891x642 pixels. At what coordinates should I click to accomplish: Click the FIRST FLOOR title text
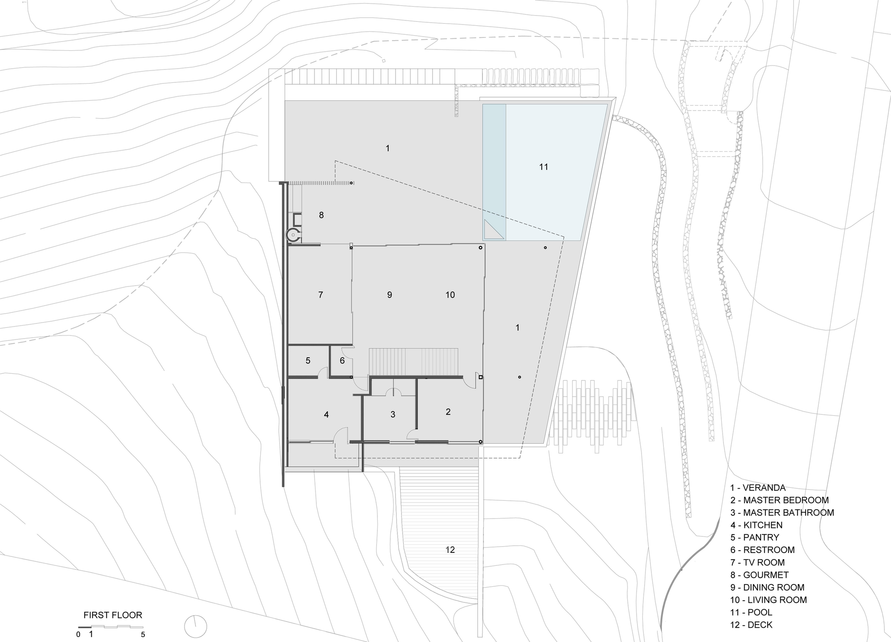point(113,615)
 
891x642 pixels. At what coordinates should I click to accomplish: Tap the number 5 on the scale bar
point(143,634)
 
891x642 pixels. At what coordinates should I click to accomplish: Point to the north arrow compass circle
point(196,626)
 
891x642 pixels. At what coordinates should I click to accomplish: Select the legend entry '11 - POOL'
point(751,613)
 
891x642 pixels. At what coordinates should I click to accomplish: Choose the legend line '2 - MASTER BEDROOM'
point(780,500)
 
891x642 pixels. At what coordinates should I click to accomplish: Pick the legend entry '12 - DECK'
point(751,625)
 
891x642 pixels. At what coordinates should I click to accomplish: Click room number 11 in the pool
point(544,167)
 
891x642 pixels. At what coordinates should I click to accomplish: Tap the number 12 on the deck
point(450,550)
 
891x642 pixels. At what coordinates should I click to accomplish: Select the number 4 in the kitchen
point(327,415)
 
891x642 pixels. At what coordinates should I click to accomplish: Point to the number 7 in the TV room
point(321,295)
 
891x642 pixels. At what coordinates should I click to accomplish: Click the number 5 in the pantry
point(308,361)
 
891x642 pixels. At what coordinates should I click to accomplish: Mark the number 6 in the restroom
point(342,361)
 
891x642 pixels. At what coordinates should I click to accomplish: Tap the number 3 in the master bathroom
point(393,415)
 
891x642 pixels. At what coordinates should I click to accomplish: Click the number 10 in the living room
point(450,295)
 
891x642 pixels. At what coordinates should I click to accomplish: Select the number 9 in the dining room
point(389,295)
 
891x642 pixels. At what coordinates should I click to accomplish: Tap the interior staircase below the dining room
point(413,362)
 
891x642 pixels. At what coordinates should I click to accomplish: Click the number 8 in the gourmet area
point(321,216)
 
